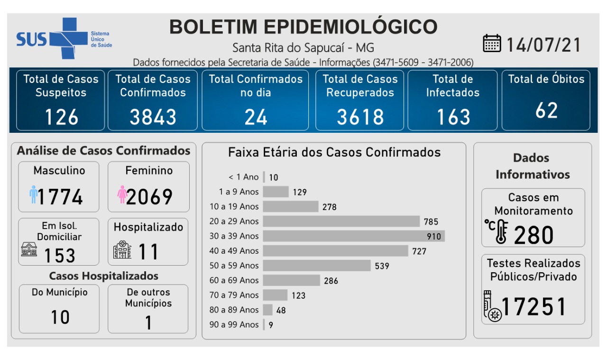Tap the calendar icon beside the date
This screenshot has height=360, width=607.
pos(492,44)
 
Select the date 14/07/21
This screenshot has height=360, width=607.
pos(543,45)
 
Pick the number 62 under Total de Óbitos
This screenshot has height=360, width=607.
pos(546,111)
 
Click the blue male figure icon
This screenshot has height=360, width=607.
pos(33,194)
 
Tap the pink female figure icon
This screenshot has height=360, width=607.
pos(122,194)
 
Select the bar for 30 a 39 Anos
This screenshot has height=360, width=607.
pos(353,236)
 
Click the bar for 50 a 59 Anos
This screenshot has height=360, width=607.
pos(316,266)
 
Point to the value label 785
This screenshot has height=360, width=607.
pos(431,222)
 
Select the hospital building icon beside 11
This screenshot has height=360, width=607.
pos(122,250)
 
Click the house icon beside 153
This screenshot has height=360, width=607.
pos(29,249)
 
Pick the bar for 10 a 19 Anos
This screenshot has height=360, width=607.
pos(290,206)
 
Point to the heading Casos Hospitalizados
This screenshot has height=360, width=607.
pos(104,276)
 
